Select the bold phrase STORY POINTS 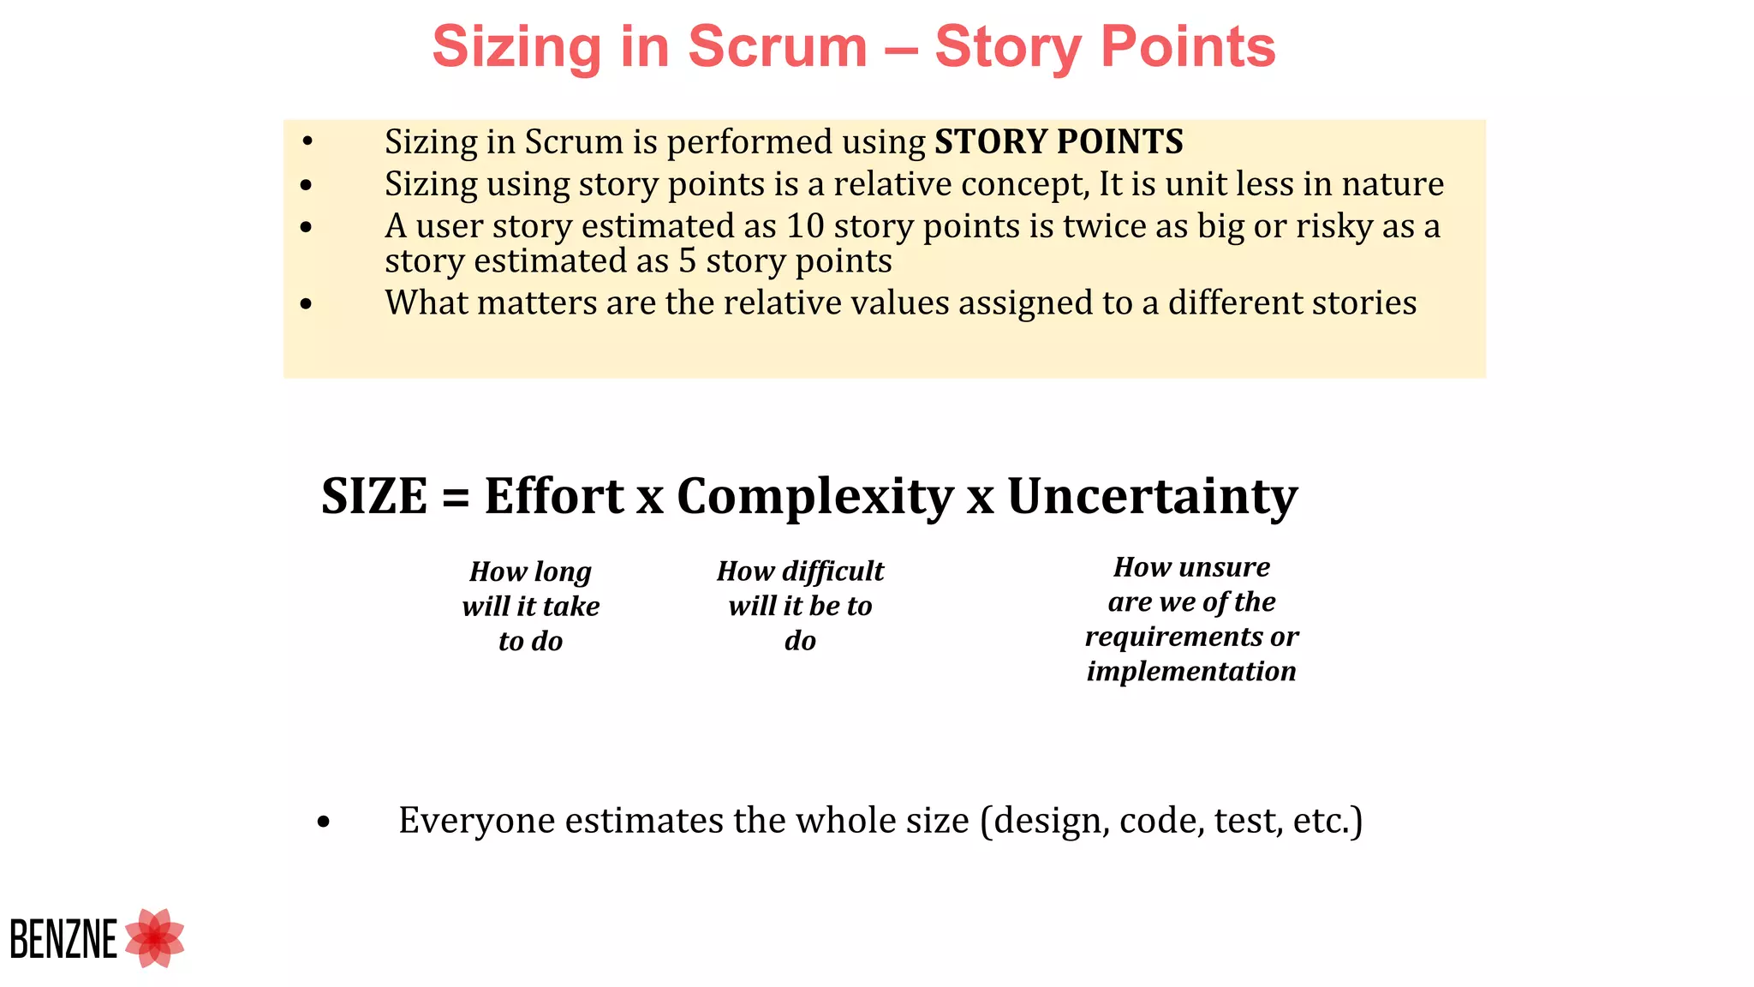coord(1059,141)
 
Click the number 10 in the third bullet coord(805,226)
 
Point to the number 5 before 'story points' coord(687,260)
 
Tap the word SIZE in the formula coord(374,496)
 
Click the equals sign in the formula coord(456,498)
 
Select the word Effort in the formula coord(554,496)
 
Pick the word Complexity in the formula coord(814,498)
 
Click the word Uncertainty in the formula coord(1152,496)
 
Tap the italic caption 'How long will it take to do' coord(531,606)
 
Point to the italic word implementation coord(1191,671)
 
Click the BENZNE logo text coord(63,939)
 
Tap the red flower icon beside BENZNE coord(155,938)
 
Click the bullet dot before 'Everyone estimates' coord(323,823)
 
